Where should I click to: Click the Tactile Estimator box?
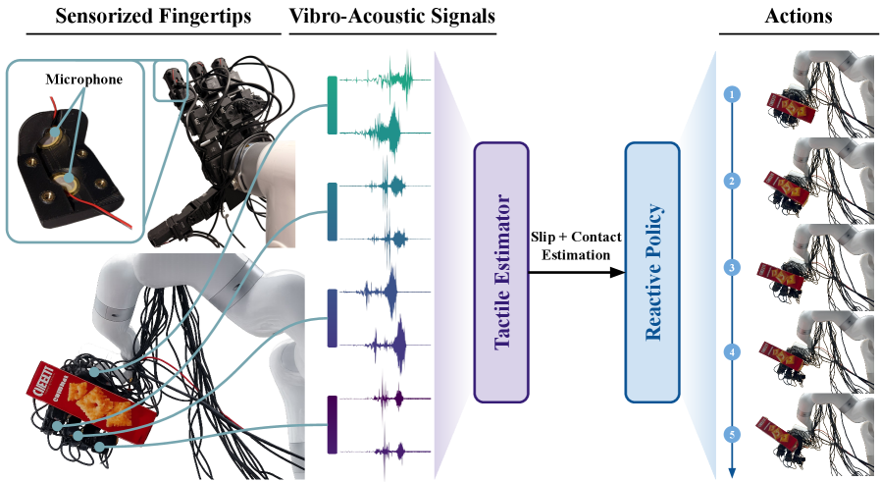pos(501,273)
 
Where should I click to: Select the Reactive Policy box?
pos(652,273)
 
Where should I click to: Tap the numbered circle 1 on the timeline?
pos(731,94)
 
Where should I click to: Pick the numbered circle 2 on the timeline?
pos(731,181)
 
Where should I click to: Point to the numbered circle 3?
pos(731,267)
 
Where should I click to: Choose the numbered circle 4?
pos(731,352)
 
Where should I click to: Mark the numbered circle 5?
pos(731,434)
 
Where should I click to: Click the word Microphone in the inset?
pos(84,80)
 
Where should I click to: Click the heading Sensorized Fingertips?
pos(153,16)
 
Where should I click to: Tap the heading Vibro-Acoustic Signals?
pos(392,16)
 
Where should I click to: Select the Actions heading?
pos(799,16)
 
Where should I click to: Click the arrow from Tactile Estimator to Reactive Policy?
pos(577,273)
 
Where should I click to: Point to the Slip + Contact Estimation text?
pos(576,245)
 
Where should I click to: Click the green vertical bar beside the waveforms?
pos(333,105)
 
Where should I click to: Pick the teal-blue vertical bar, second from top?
pos(333,212)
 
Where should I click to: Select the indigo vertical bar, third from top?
pos(333,318)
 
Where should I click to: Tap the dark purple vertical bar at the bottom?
pos(333,424)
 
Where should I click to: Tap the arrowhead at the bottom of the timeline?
pos(731,472)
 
